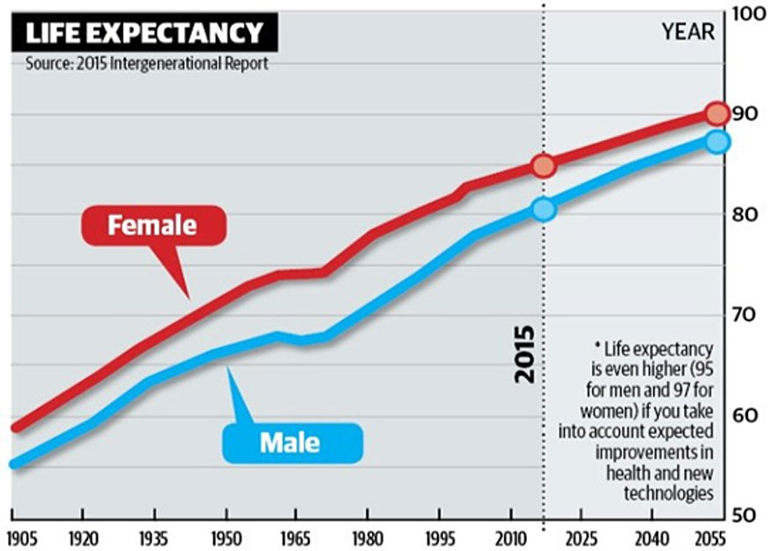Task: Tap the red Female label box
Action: tap(152, 225)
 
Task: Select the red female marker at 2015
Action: tap(544, 166)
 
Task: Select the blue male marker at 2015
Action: tap(544, 209)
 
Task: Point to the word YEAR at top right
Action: tap(687, 34)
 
